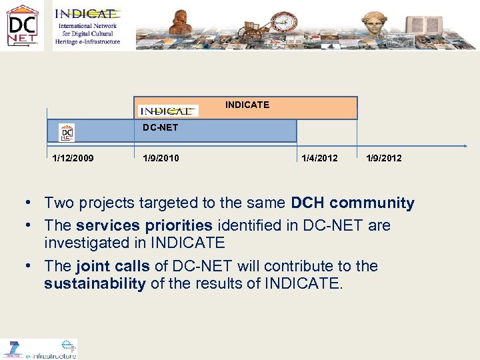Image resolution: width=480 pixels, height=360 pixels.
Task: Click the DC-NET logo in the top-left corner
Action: pyautogui.click(x=23, y=26)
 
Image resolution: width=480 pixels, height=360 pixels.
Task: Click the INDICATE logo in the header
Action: pyautogui.click(x=87, y=26)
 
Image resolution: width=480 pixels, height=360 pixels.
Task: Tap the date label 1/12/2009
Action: pyautogui.click(x=73, y=158)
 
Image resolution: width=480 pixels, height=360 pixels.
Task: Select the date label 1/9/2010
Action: pyautogui.click(x=161, y=158)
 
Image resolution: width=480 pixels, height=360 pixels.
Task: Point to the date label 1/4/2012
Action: pyautogui.click(x=319, y=158)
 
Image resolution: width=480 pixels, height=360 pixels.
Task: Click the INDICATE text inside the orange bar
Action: pyautogui.click(x=247, y=105)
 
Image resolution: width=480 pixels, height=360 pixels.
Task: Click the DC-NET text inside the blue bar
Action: pyautogui.click(x=161, y=127)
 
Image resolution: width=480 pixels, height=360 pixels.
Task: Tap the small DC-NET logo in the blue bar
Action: pyautogui.click(x=67, y=132)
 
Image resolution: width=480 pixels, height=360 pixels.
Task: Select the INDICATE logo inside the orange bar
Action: pyautogui.click(x=167, y=110)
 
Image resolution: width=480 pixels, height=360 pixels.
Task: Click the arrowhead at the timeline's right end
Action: pyautogui.click(x=465, y=145)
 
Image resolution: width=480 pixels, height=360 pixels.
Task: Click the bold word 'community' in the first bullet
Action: pyautogui.click(x=372, y=203)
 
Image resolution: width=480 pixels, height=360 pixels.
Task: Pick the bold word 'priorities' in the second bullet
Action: pyautogui.click(x=178, y=225)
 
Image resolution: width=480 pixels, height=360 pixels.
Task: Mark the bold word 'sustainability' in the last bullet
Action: pyautogui.click(x=95, y=284)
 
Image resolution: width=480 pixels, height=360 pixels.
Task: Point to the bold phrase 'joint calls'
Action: pyautogui.click(x=113, y=266)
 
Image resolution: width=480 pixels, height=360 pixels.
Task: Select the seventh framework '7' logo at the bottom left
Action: pyautogui.click(x=11, y=349)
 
